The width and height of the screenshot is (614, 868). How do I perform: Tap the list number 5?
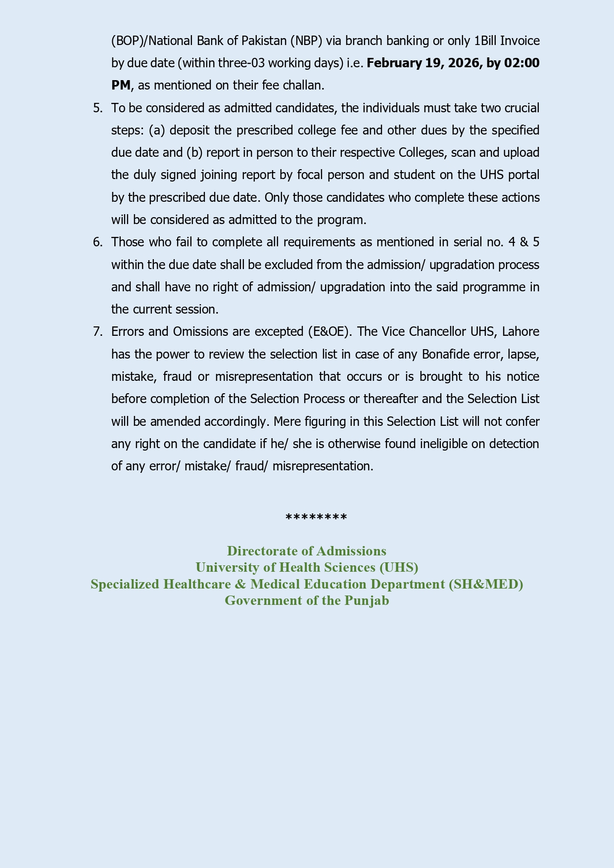(x=97, y=108)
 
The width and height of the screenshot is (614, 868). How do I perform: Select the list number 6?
(x=97, y=242)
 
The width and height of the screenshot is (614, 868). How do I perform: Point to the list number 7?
(x=97, y=331)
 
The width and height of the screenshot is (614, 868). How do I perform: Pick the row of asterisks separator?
(x=317, y=518)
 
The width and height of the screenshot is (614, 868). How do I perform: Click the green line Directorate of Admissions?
(x=307, y=551)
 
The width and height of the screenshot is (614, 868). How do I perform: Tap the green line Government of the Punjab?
(x=307, y=600)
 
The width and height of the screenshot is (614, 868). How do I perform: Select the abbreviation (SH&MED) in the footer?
(x=486, y=584)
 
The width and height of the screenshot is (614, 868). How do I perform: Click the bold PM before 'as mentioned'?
(x=121, y=86)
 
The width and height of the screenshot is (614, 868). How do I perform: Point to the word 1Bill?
(x=482, y=41)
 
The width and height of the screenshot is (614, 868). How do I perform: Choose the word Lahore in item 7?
(x=520, y=331)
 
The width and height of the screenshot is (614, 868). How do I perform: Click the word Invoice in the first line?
(x=520, y=41)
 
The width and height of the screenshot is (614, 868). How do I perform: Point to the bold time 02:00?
(x=521, y=63)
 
